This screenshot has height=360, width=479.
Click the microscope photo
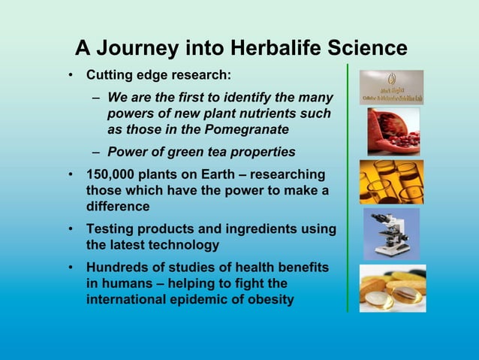coord(391,233)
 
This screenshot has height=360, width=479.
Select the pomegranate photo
coord(393,131)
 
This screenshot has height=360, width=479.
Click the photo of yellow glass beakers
coord(391,181)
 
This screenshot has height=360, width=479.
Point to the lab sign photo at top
coord(391,87)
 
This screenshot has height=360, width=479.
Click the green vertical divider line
coord(348,188)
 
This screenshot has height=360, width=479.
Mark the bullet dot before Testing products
coord(69,229)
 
